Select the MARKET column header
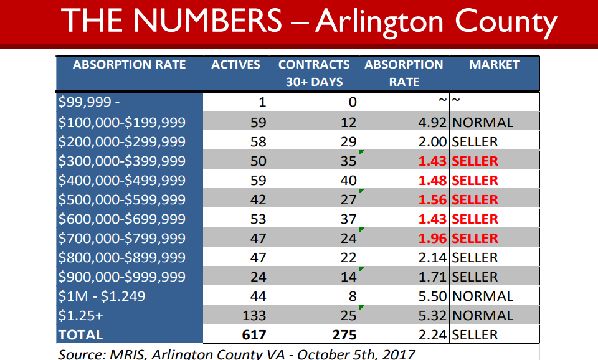494,65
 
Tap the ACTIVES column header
235,65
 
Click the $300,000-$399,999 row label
121,161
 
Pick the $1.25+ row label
81,316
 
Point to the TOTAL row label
80,335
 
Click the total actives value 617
254,335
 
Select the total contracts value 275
344,335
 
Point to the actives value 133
254,316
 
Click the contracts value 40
348,181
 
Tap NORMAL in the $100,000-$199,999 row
483,123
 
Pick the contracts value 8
353,296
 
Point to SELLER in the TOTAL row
475,335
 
